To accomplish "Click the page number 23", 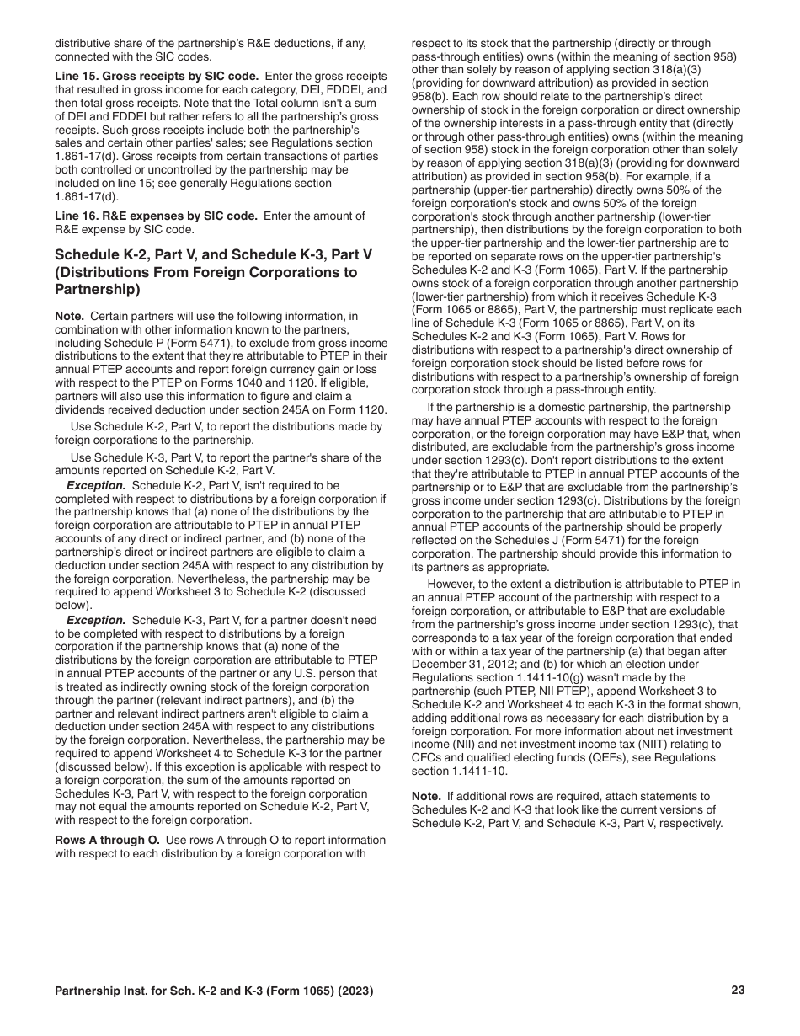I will [x=738, y=991].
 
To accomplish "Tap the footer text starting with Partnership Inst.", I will [x=214, y=991].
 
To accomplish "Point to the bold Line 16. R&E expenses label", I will [x=157, y=216].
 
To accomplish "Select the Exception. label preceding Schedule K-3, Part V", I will [x=96, y=620].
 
